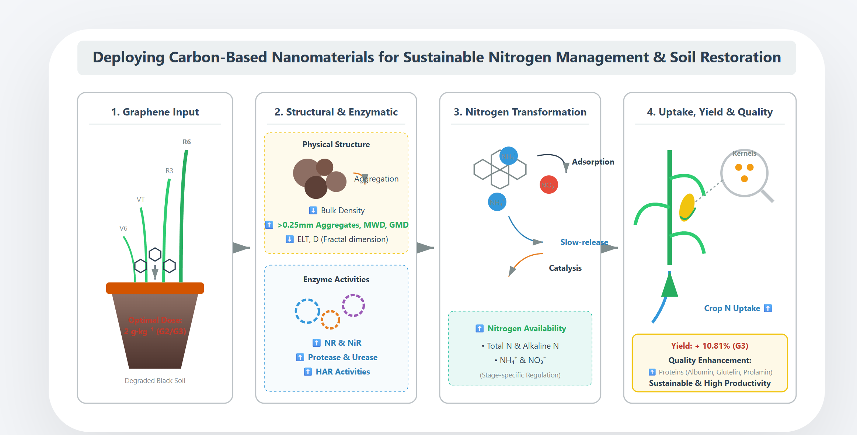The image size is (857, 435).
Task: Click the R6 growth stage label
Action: coord(187,142)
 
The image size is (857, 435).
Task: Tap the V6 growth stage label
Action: coord(123,228)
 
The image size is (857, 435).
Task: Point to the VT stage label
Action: coord(140,200)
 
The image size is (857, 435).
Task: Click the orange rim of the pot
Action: coord(155,288)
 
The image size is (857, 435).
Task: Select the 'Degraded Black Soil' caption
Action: coord(155,380)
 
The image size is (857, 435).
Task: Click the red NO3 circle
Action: coord(548,184)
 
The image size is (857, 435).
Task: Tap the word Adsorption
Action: coord(593,162)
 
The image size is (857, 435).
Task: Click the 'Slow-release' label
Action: coord(584,242)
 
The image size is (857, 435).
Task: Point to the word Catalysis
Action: coord(565,268)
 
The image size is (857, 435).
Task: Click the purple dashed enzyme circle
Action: coord(353,305)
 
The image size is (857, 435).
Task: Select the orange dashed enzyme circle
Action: coord(330,320)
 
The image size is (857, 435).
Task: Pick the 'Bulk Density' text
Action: coord(342,210)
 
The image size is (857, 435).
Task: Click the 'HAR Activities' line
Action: coord(342,372)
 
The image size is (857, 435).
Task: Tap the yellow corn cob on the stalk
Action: coord(686,207)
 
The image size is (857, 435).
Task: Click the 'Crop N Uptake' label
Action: coord(732,308)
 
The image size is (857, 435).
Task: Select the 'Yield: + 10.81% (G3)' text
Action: coord(710,346)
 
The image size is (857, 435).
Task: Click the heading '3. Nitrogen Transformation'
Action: coord(520,112)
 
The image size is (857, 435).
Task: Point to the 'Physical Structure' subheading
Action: coord(336,144)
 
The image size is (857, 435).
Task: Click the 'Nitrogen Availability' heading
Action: coord(526,328)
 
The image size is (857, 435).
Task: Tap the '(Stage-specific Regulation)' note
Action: coord(520,375)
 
